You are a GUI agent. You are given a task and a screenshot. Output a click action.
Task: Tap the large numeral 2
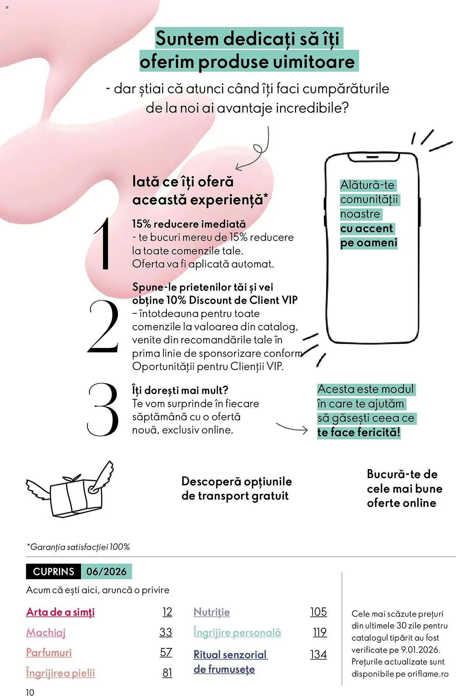[x=103, y=326]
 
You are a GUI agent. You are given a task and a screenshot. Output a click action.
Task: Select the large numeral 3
[x=103, y=409]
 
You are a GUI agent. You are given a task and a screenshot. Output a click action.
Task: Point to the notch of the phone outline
[x=374, y=158]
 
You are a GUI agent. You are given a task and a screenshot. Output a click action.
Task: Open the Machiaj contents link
[x=46, y=632]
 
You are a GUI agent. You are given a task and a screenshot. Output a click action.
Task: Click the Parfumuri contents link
[x=49, y=652]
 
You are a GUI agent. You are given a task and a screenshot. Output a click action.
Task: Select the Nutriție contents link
[x=212, y=612]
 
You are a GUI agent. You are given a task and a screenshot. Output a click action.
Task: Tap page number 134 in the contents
[x=319, y=654]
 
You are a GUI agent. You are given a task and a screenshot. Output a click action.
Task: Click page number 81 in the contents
[x=168, y=673]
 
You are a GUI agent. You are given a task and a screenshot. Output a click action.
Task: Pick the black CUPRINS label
[x=54, y=571]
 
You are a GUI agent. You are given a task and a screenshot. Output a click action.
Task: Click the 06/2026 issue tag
[x=107, y=571]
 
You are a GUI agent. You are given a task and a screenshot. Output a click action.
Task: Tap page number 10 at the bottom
[x=30, y=692]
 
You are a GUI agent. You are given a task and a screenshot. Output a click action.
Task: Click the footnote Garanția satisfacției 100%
[x=78, y=547]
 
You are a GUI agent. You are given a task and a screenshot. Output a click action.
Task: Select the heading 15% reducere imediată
[x=189, y=224]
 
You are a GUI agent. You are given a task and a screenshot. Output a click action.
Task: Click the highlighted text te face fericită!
[x=359, y=432]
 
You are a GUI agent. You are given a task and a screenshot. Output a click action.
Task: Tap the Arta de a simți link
[x=60, y=612]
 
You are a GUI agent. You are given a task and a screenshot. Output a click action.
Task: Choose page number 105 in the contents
[x=319, y=612]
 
